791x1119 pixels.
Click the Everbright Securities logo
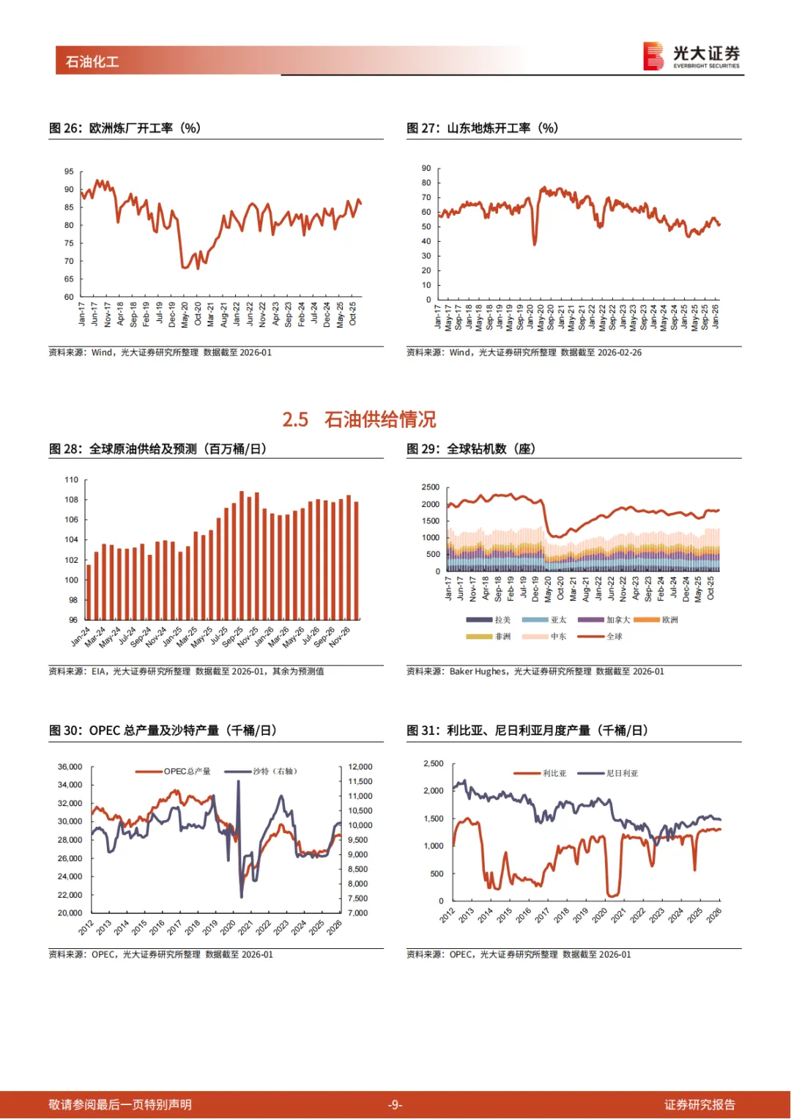click(691, 56)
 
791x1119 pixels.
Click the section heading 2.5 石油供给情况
click(359, 419)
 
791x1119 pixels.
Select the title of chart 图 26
click(125, 128)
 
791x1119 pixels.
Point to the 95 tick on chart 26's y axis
click(69, 171)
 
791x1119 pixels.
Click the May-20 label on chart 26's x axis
click(185, 314)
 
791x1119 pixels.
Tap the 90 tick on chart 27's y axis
click(426, 169)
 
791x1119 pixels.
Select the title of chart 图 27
click(482, 128)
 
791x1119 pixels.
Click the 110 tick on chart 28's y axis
click(71, 480)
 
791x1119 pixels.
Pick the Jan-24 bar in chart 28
click(89, 592)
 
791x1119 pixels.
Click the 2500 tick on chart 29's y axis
click(431, 487)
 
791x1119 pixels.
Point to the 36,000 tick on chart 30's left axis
click(70, 767)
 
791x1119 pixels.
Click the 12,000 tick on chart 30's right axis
click(360, 767)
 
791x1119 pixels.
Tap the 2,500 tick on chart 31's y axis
click(434, 764)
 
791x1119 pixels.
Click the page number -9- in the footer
click(395, 1104)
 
